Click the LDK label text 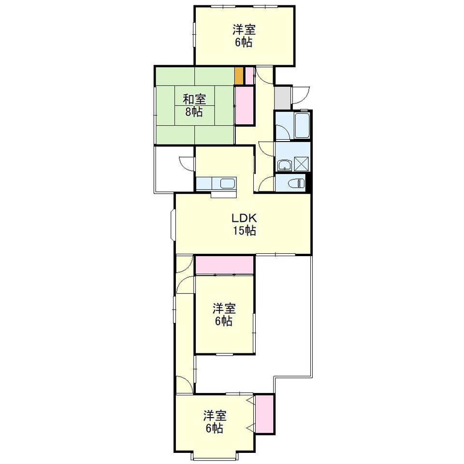pos(244,218)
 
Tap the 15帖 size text pos(244,231)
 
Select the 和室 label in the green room pos(194,99)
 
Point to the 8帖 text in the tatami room pos(194,112)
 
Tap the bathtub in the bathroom pos(302,125)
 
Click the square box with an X pos(301,164)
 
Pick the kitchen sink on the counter pos(228,184)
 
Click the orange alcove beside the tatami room pos(239,76)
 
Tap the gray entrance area pos(282,98)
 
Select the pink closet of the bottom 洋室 pos(264,414)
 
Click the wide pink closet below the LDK pos(225,265)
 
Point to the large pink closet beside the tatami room pos(245,105)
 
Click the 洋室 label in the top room pos(244,30)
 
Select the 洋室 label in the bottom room pos(215,416)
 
